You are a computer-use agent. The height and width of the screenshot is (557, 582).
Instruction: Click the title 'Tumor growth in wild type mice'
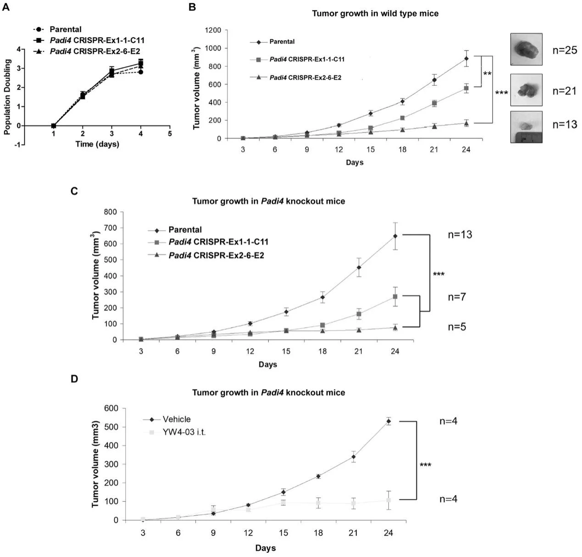point(375,13)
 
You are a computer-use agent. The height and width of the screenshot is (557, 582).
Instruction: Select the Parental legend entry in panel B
point(282,42)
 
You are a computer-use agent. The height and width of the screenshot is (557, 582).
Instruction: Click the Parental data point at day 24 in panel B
point(466,58)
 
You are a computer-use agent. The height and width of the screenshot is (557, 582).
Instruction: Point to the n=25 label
point(565,50)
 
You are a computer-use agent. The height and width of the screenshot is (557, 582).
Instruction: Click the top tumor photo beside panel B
point(526,49)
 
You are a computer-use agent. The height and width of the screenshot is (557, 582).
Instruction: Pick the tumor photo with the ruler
point(526,127)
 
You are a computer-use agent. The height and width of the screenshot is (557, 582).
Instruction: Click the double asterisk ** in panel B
point(487,73)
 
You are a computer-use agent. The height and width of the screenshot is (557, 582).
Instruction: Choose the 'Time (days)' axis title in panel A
point(97,144)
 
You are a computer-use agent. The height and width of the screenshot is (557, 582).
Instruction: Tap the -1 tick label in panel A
point(17,145)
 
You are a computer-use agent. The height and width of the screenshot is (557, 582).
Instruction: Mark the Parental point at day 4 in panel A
point(141,72)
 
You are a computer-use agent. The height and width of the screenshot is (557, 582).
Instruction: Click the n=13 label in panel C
point(460,235)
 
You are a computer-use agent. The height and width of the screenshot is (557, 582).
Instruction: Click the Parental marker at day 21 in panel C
point(358,267)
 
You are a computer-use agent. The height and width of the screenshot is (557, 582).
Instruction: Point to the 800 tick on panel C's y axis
point(111,212)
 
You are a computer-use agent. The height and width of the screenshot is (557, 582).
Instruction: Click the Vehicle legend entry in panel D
point(176,419)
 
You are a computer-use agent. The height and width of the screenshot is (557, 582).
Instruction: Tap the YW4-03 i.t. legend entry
point(183,432)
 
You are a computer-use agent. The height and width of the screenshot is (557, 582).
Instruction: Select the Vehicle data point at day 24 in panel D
point(388,421)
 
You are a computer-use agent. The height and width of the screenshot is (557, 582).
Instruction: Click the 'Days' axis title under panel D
point(266,548)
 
